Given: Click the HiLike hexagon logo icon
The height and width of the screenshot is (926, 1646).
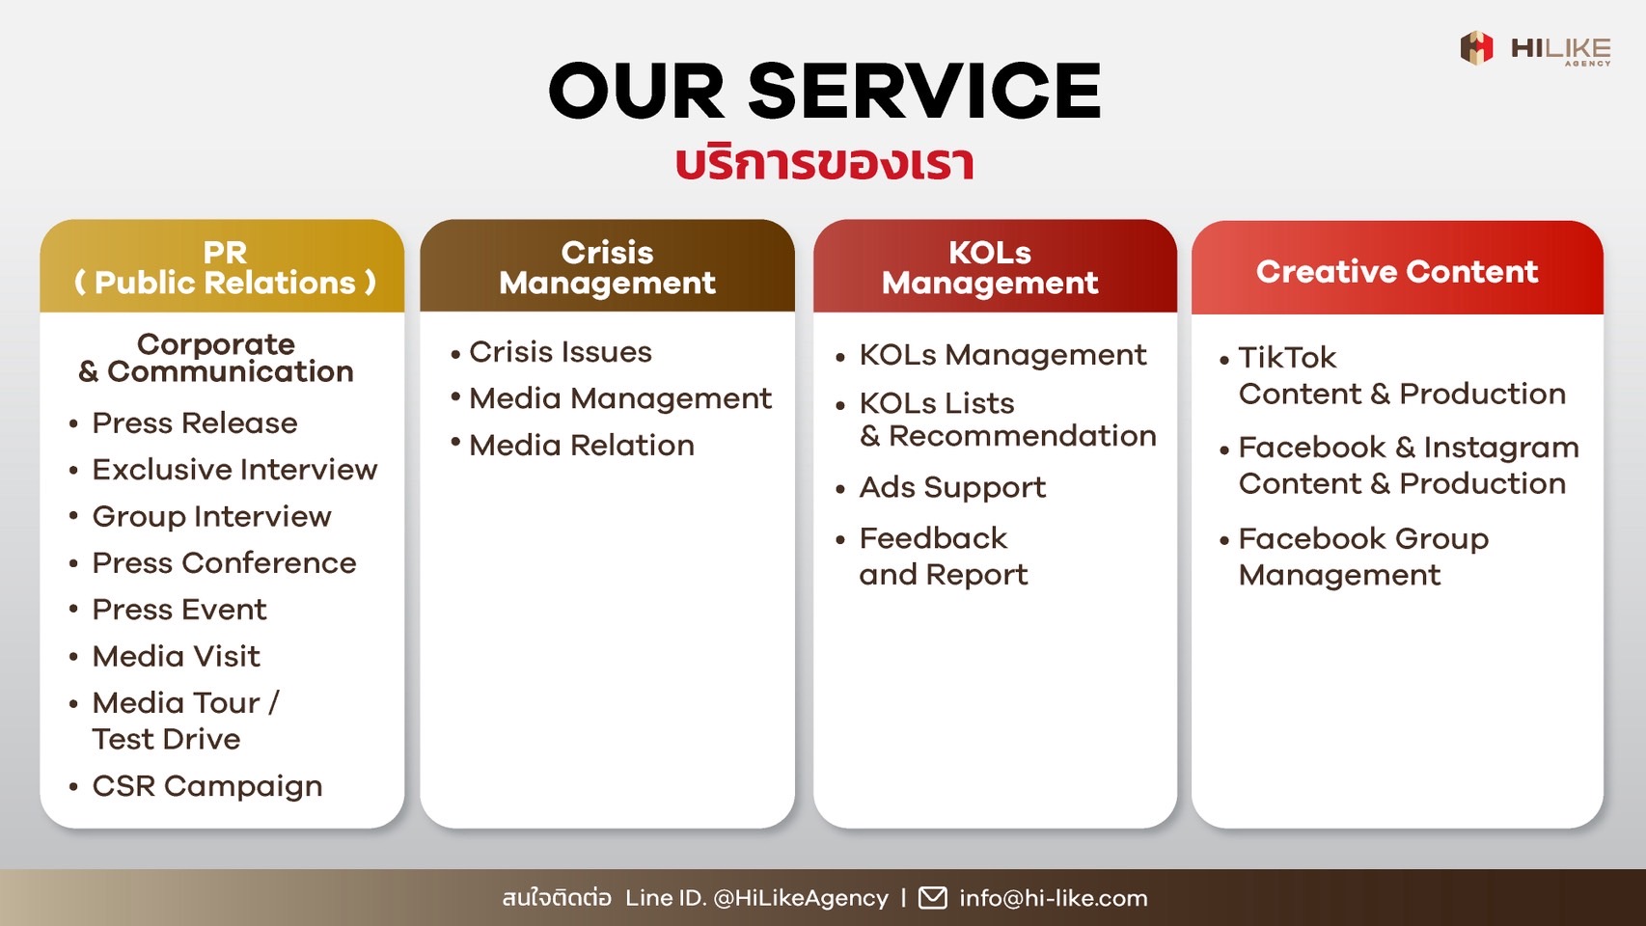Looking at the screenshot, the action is coord(1476,48).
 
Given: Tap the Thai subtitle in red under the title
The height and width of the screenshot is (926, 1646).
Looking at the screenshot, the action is coord(825,164).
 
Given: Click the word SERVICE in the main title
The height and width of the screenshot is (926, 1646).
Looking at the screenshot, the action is coord(924,91).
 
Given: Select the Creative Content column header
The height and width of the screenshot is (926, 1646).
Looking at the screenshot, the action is coord(1397,271).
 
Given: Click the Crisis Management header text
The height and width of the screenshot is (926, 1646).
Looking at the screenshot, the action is coord(607,267).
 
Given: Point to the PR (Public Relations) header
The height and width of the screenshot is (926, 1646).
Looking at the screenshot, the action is coord(225,267).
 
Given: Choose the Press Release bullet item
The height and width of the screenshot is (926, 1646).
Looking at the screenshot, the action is coord(195,422).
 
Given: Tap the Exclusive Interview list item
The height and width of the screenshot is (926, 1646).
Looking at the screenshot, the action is coord(234,470).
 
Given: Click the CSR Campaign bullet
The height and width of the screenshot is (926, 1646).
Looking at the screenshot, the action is coord(207,786).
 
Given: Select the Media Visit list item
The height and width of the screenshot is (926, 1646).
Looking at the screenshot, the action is coord(177,656).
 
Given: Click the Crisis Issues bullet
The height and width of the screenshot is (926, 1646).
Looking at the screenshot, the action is coord(560,352).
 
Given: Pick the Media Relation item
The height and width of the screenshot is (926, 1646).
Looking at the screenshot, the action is coord(581,446).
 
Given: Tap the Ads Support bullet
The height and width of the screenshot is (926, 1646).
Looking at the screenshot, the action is coord(952,487).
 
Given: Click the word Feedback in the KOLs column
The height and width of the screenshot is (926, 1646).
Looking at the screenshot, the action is coord(933,538).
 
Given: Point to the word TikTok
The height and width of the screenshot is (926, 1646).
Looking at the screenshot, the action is coord(1287,358).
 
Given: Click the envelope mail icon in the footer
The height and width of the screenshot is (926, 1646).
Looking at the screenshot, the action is coord(932,897).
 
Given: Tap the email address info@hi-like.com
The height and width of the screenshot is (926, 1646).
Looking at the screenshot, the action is coord(1053,898).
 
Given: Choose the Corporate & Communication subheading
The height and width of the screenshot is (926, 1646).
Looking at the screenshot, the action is coord(216,358).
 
